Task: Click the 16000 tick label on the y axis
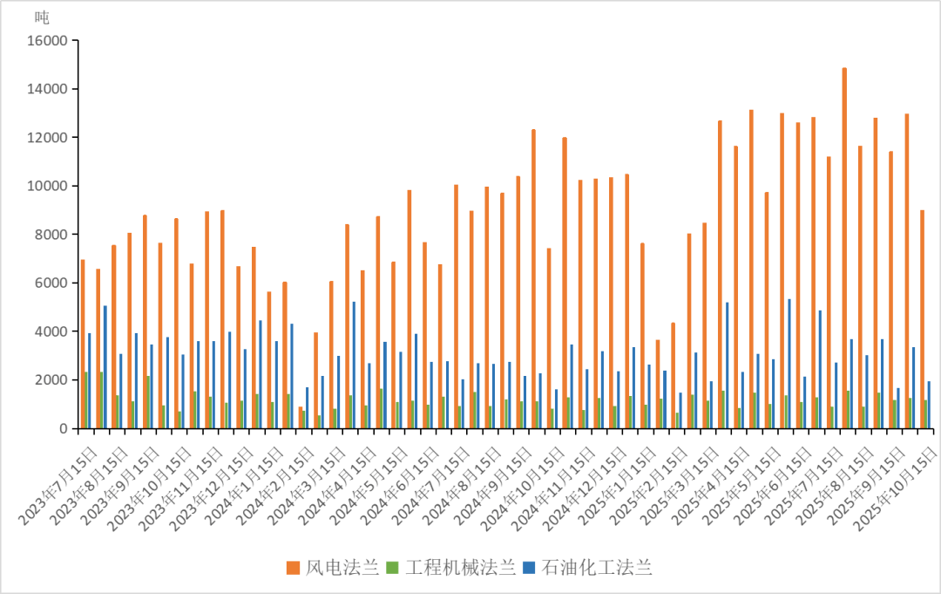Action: [x=48, y=41]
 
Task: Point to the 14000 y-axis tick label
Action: [x=48, y=89]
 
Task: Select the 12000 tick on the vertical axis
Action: [x=48, y=138]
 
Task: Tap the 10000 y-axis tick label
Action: [x=48, y=186]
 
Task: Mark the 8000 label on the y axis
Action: [x=52, y=235]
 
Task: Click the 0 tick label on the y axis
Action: [x=63, y=428]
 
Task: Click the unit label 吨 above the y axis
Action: [x=42, y=17]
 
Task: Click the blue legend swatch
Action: [x=529, y=568]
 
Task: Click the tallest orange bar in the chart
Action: [x=844, y=248]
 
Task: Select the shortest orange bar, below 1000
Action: [x=301, y=417]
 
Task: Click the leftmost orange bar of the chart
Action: [x=82, y=344]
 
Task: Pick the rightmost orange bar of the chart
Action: [x=922, y=318]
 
